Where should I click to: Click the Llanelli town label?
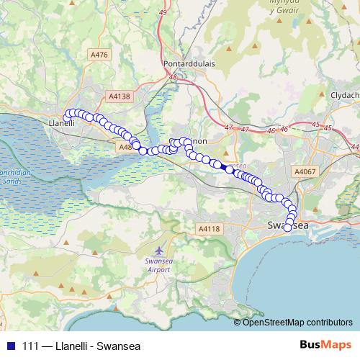coord(60,123)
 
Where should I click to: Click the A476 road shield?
coord(99,54)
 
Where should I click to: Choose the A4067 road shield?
coord(305,171)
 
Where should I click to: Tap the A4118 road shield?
coord(209,228)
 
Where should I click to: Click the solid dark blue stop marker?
coord(229,169)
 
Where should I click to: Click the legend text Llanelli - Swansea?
coord(98,344)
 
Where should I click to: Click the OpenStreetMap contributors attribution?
coord(298,322)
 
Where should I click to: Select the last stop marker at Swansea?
coord(288,228)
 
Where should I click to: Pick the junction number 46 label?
coord(271,130)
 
